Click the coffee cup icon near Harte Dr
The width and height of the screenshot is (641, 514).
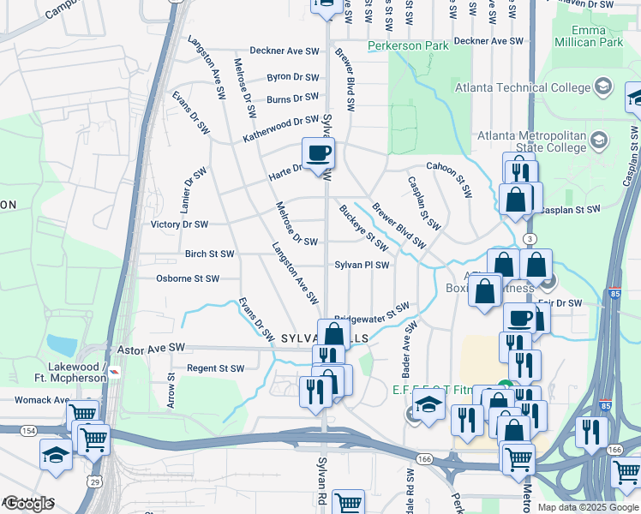tap(318, 153)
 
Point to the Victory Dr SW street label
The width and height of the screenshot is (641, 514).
tap(179, 224)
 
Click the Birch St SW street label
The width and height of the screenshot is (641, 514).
tap(209, 254)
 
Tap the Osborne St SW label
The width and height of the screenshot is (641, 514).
tap(188, 278)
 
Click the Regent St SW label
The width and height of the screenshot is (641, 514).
tap(215, 368)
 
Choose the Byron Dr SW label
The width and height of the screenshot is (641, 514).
tap(292, 76)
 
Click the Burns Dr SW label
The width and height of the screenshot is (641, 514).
tap(292, 99)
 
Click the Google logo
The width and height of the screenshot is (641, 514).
tap(28, 504)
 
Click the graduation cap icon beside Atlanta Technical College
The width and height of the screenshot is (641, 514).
tap(602, 87)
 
